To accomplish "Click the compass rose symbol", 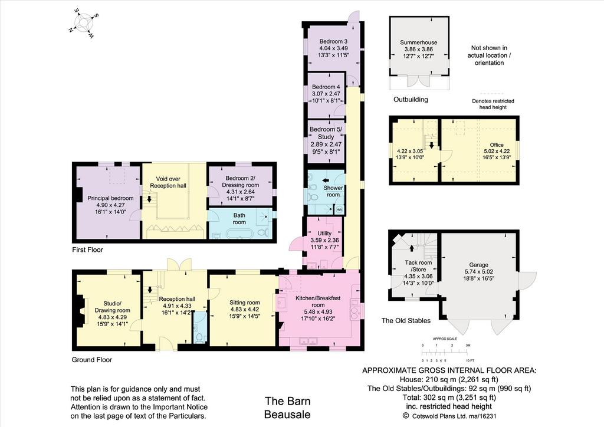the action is tap(84, 24).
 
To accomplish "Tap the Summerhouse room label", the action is tap(418, 42).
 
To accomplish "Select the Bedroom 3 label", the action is tap(333, 41).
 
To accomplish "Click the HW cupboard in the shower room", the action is tap(339, 209).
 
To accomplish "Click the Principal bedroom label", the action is tap(110, 198).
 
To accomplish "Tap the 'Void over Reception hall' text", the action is tap(168, 182).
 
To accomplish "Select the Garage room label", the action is tap(478, 265).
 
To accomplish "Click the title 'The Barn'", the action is tap(287, 401).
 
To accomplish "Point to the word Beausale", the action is tap(287, 415).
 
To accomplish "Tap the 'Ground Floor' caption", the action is tap(91, 360).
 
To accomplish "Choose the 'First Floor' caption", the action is tap(87, 249).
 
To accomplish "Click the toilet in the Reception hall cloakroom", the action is tap(199, 338).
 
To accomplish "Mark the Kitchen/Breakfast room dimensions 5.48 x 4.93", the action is tap(318, 311).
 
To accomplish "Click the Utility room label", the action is tap(324, 234).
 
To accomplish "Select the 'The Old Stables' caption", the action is tap(406, 320).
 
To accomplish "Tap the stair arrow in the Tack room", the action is tap(412, 248).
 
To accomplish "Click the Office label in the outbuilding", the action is tap(497, 144).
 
